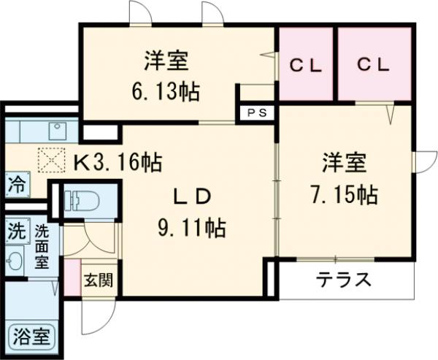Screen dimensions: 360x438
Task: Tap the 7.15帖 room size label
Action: [342, 194]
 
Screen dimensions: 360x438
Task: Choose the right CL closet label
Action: [374, 65]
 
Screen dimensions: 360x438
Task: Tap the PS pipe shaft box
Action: [257, 113]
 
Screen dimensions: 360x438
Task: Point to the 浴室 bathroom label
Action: [31, 337]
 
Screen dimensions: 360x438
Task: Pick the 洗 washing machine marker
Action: [15, 232]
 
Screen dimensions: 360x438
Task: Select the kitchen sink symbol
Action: [56, 131]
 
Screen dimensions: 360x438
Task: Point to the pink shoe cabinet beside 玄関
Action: [71, 276]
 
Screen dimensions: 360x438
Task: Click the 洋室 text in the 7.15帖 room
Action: [342, 161]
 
